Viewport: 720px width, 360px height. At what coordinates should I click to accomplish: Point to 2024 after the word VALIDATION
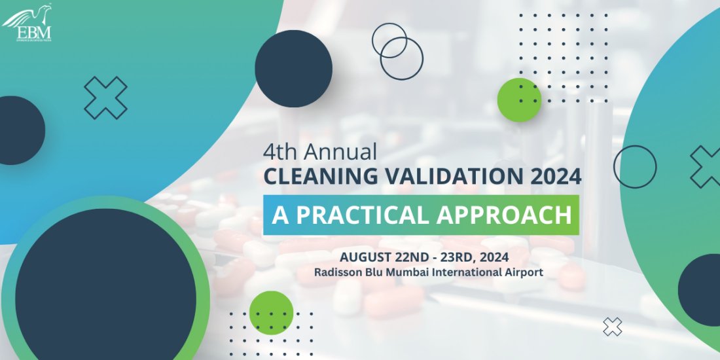pos(554,176)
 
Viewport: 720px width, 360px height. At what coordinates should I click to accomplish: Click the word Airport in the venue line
pos(523,271)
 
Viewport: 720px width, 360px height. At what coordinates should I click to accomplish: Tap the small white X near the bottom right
pos(613,327)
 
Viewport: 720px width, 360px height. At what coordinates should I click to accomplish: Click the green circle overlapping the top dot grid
pos(519,100)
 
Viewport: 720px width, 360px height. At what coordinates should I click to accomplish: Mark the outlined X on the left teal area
pos(106,98)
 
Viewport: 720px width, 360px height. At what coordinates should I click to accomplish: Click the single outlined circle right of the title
pos(635,167)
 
